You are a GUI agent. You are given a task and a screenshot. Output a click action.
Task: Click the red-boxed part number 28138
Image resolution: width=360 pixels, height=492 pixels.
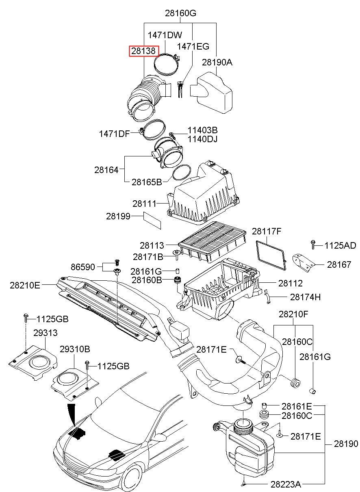pyautogui.click(x=143, y=51)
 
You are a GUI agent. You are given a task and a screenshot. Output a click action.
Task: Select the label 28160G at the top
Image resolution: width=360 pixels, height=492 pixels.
pyautogui.click(x=180, y=13)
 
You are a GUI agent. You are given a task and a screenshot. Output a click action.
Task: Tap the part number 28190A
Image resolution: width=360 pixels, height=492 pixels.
pyautogui.click(x=217, y=63)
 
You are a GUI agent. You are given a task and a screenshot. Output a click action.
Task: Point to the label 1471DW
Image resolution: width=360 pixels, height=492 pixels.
pyautogui.click(x=165, y=35)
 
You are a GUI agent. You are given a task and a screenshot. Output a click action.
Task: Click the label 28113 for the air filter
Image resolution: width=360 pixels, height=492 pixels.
pyautogui.click(x=152, y=245)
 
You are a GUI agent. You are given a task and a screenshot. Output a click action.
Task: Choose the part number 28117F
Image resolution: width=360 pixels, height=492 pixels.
pyautogui.click(x=267, y=231)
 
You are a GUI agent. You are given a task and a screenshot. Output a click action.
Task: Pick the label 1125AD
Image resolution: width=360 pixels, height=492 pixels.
pyautogui.click(x=340, y=245)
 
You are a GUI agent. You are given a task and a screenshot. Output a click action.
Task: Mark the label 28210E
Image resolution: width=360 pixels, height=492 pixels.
pyautogui.click(x=25, y=285)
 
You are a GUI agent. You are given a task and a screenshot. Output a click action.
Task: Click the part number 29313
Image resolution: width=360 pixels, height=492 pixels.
pyautogui.click(x=46, y=333)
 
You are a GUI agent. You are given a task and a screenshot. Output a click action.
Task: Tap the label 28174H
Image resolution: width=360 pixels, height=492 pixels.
pyautogui.click(x=305, y=297)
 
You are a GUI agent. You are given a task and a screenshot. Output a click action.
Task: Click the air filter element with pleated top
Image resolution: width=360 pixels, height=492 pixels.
pyautogui.click(x=212, y=242)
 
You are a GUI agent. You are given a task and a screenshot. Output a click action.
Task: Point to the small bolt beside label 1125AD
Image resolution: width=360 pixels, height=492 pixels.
pyautogui.click(x=313, y=245)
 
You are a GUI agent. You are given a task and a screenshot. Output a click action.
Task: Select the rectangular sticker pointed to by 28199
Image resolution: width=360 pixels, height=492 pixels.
pyautogui.click(x=152, y=220)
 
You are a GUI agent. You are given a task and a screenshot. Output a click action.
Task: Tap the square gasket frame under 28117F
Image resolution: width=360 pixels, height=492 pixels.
pyautogui.click(x=271, y=255)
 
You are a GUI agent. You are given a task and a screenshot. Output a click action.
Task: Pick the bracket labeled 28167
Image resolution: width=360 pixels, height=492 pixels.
pyautogui.click(x=304, y=263)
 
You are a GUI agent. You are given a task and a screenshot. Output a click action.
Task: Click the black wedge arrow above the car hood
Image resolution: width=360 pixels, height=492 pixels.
pyautogui.click(x=72, y=414)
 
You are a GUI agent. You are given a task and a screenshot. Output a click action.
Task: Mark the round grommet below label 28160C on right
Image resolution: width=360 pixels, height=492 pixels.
pyautogui.click(x=295, y=383)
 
